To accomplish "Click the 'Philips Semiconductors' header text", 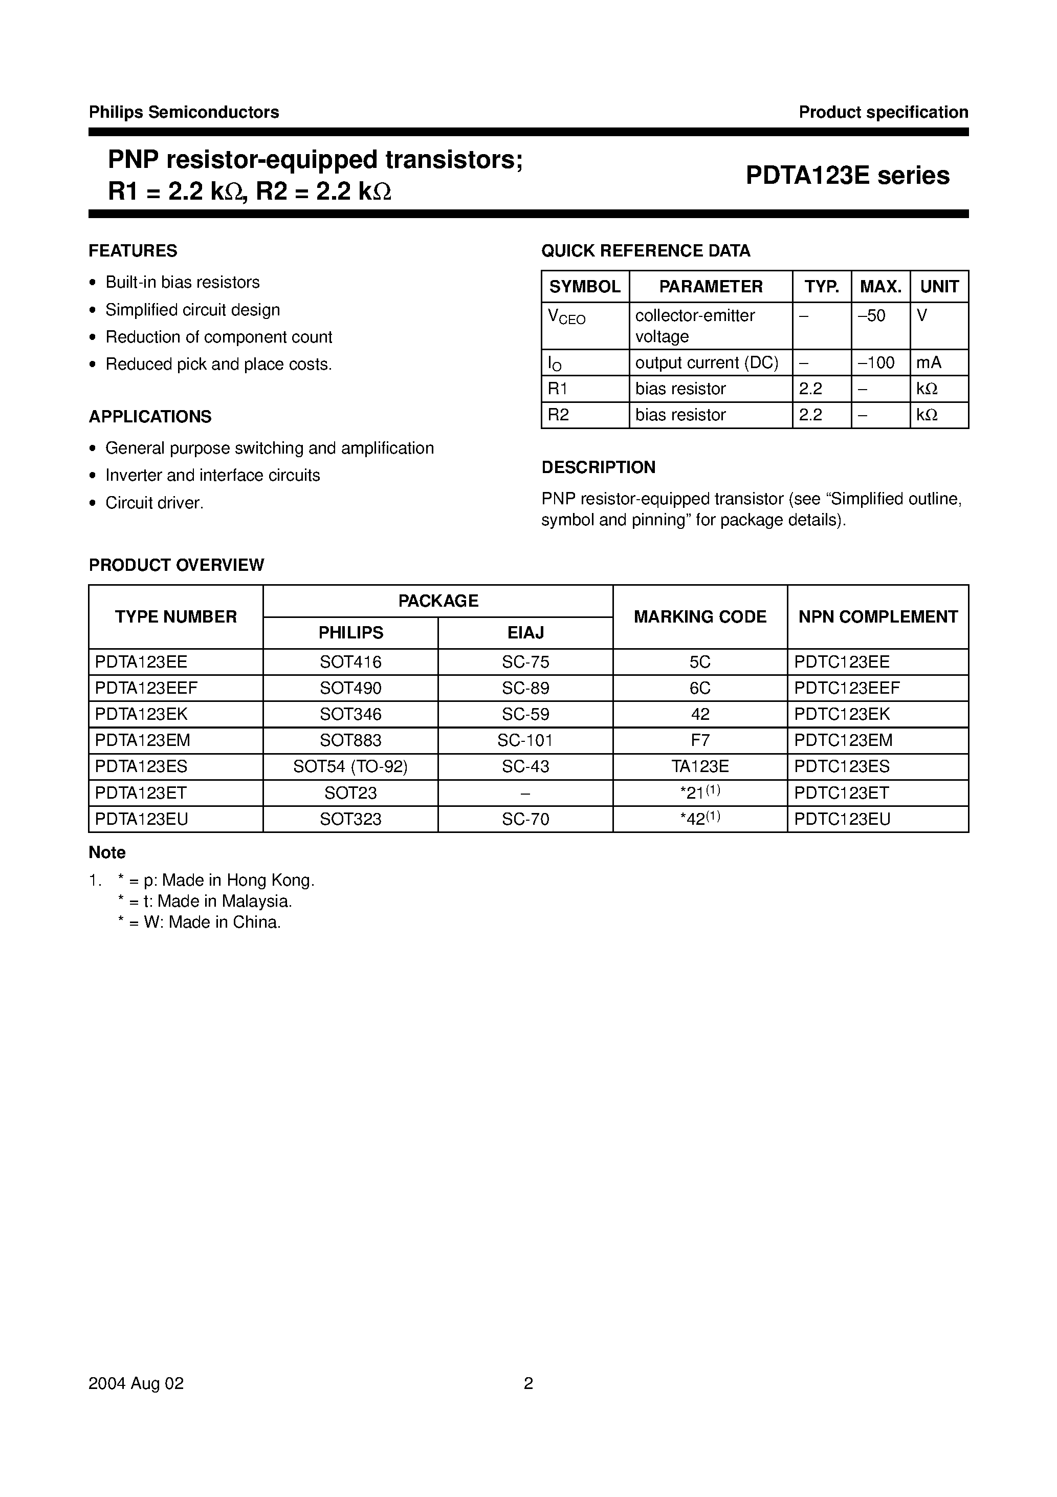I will click(x=184, y=112).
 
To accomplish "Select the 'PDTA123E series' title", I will click(x=847, y=176).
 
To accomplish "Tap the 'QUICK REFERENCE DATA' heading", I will click(x=646, y=251).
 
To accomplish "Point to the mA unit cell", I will click(x=929, y=362).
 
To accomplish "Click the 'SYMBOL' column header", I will click(x=585, y=287).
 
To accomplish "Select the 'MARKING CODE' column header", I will click(x=700, y=617).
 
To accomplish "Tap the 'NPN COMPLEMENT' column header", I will click(x=878, y=617).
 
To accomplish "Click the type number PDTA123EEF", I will click(x=146, y=688).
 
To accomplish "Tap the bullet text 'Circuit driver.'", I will click(x=155, y=503).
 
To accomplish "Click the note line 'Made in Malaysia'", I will click(x=205, y=902).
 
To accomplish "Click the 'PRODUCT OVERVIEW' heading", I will click(x=177, y=565).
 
